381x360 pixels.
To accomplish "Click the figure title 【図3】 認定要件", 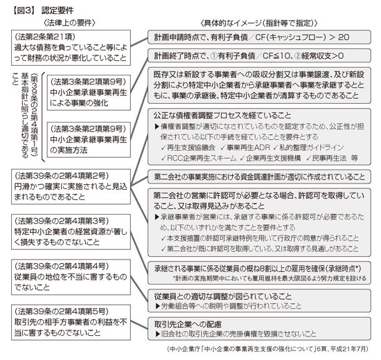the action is click(42, 10).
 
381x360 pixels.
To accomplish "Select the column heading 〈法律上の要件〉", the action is click(69, 23).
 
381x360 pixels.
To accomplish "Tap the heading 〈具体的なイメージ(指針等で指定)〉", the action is click(259, 23).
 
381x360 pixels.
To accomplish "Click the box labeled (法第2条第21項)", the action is click(71, 48).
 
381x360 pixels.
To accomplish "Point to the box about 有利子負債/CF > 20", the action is click(259, 37).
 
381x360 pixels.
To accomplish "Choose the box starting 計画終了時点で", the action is click(259, 56).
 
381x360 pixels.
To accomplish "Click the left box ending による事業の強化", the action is click(89, 93).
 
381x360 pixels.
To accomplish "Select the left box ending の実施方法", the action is click(89, 140).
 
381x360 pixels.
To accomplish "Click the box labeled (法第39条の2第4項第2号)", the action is click(71, 186).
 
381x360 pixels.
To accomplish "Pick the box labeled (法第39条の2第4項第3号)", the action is click(71, 232).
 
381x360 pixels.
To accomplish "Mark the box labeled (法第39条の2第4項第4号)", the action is click(71, 277).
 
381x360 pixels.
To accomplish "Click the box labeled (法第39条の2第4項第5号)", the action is click(71, 323).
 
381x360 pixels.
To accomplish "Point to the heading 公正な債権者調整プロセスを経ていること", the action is click(222, 116).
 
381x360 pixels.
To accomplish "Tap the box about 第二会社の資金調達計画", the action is click(259, 177).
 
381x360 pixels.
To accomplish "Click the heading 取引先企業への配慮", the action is click(188, 324).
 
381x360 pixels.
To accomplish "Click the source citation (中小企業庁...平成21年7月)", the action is click(267, 349).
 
